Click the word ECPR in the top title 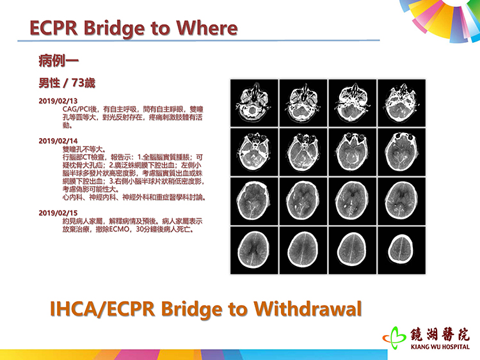tap(54, 28)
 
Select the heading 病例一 tap(59, 61)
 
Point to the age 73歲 tap(83, 83)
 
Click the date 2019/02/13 tap(58, 101)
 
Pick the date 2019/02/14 tap(58, 141)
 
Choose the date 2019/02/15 tap(58, 213)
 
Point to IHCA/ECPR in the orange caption tap(102, 309)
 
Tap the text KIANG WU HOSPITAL tap(440, 347)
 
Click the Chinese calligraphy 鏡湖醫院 tap(440, 334)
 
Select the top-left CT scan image tap(254, 103)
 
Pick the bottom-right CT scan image tap(402, 250)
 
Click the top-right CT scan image tap(402, 103)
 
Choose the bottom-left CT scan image tap(254, 250)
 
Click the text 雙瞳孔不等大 tap(84, 149)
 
